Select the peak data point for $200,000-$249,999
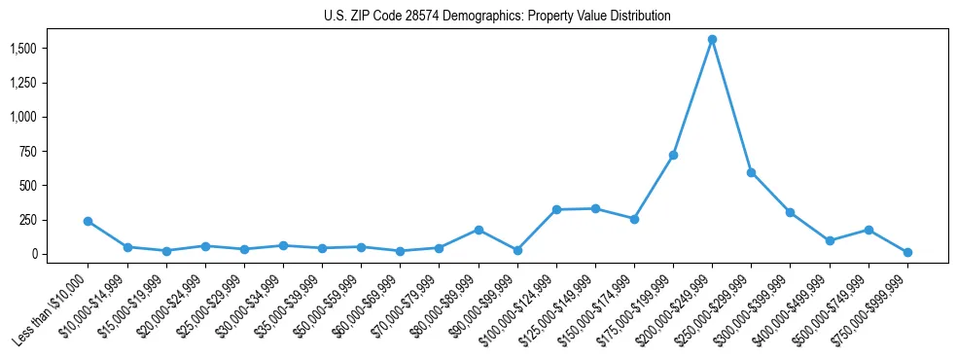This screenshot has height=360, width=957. point(712,40)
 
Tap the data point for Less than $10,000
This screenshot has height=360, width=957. point(89,221)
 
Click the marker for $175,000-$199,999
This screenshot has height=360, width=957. point(673,155)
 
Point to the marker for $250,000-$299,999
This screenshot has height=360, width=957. point(751,172)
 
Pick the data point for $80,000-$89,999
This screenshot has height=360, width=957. point(478,230)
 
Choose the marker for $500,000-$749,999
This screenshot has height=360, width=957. point(868,230)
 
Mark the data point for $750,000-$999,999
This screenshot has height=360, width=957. point(907,252)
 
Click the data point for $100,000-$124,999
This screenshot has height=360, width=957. point(556,209)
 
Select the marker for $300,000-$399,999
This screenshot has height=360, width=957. point(790,212)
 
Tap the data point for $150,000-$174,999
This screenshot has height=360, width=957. point(634,219)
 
